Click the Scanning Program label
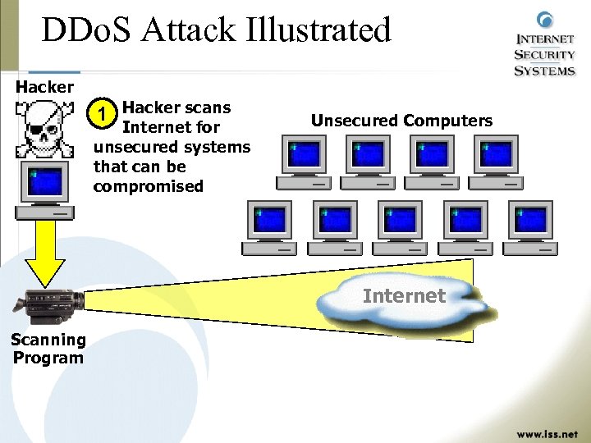click(48, 349)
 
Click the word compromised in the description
click(148, 186)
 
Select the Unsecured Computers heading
click(401, 121)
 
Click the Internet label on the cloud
click(403, 295)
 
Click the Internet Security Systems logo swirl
click(544, 20)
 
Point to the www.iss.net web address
click(547, 432)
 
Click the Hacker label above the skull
click(45, 86)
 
